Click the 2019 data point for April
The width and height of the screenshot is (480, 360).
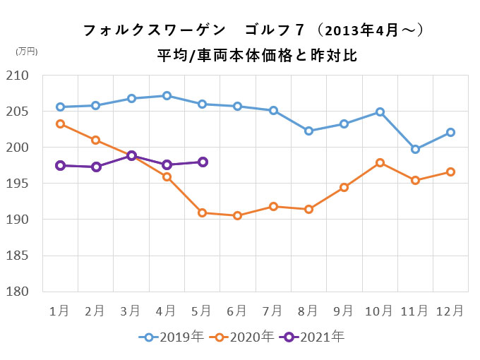(167, 96)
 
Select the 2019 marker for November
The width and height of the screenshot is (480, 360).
(415, 149)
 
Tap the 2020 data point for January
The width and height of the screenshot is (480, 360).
(60, 124)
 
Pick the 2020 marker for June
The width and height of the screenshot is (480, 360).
(237, 215)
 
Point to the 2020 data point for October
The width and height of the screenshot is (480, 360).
(380, 163)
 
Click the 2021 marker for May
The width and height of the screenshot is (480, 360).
(202, 162)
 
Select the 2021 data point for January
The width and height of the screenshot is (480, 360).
(60, 165)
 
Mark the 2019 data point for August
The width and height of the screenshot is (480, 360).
(308, 131)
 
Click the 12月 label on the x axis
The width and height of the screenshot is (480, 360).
(450, 310)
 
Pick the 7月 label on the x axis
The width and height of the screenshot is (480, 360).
(272, 310)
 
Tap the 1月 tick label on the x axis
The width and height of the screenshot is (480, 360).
(60, 310)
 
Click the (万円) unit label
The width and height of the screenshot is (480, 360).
(27, 51)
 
